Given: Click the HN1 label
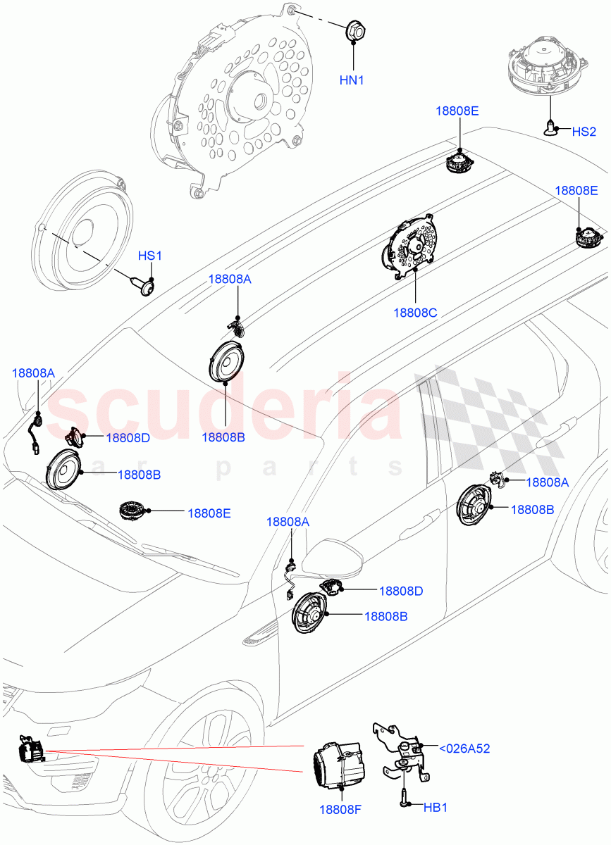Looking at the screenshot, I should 352,80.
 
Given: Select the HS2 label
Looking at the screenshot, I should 584,132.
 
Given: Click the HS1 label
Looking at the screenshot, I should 149,256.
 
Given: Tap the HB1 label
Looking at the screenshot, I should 435,807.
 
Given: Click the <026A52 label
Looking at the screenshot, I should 464,749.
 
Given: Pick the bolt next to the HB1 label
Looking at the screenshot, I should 406,801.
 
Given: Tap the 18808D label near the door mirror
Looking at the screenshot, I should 400,591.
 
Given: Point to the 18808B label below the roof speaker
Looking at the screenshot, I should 223,437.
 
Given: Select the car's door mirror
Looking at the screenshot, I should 338,557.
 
